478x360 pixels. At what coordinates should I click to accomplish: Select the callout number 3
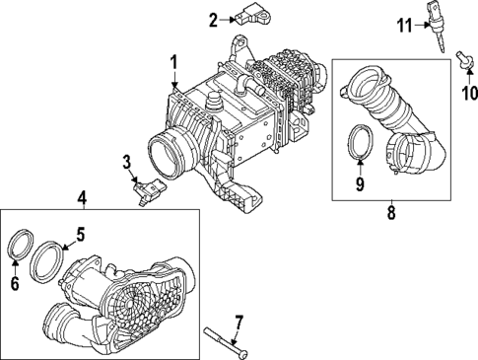point(126,163)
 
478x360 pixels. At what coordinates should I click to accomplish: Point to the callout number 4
point(82,198)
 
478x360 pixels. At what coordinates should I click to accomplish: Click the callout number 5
point(82,236)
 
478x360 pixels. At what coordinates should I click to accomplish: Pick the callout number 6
point(14,282)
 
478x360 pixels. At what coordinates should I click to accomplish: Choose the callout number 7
point(238,321)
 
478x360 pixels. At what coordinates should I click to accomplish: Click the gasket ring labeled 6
point(20,246)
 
